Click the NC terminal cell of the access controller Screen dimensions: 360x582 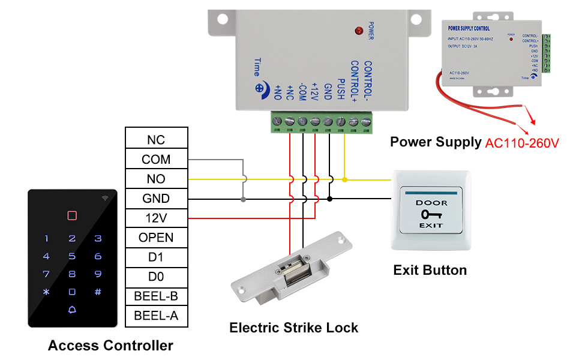156,140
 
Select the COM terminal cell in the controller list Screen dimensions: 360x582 156,160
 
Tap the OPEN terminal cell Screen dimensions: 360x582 156,238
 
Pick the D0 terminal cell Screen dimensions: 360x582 156,277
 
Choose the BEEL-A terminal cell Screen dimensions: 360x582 156,316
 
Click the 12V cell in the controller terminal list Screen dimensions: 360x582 156,218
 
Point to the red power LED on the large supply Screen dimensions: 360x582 359,30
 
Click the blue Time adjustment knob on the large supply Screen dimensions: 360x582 260,88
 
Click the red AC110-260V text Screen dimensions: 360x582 522,143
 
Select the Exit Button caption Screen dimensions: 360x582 430,270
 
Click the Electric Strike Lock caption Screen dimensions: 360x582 293,328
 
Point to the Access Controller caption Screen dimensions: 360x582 110,346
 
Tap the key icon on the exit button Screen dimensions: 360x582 431,214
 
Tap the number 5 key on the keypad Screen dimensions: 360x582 72,256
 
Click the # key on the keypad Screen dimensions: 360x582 98,292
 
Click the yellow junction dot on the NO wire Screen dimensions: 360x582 344,179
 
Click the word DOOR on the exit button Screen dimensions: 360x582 431,203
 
